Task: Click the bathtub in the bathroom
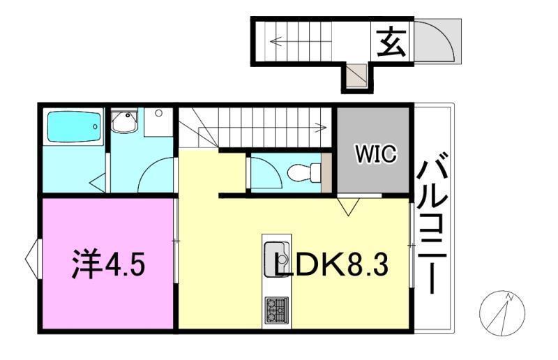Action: pyautogui.click(x=73, y=127)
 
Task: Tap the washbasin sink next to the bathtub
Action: pyautogui.click(x=124, y=121)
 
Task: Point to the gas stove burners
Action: pyautogui.click(x=276, y=310)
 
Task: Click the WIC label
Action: pyautogui.click(x=376, y=154)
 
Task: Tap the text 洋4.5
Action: pyautogui.click(x=109, y=264)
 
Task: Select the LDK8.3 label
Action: pyautogui.click(x=331, y=264)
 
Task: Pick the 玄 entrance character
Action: pyautogui.click(x=391, y=43)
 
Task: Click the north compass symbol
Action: pyautogui.click(x=502, y=313)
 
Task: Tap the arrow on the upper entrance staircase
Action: pyautogui.click(x=301, y=41)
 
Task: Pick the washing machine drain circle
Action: pyautogui.click(x=159, y=114)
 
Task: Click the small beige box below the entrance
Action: pyautogui.click(x=357, y=75)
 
